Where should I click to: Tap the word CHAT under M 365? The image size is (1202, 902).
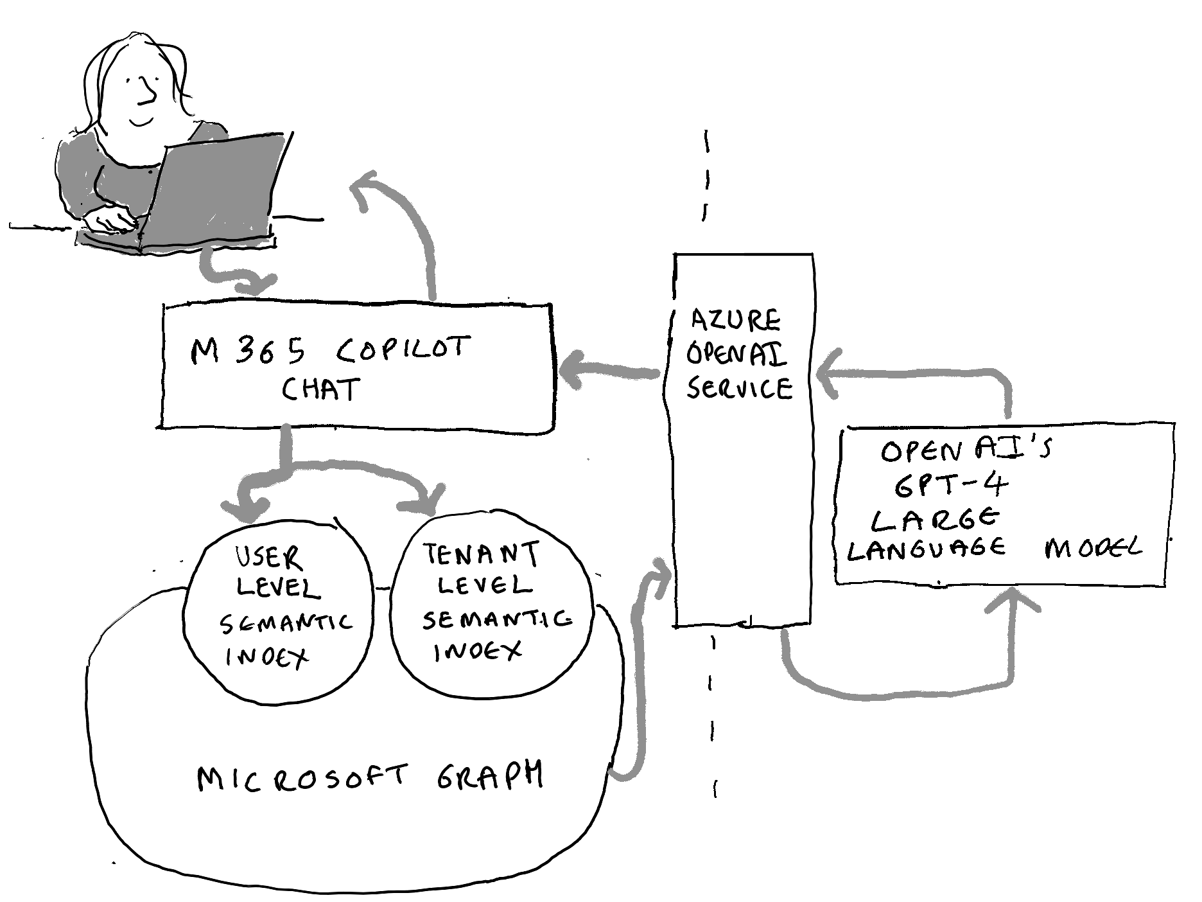click(321, 389)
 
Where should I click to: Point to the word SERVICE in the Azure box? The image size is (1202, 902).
click(740, 388)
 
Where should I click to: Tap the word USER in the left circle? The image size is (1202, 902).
click(269, 557)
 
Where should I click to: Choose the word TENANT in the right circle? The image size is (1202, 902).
click(481, 554)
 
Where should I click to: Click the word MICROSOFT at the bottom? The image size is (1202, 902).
click(302, 777)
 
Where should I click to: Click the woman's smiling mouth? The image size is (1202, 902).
click(141, 121)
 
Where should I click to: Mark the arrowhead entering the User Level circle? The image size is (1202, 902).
click(247, 508)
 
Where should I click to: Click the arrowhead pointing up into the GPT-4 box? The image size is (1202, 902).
click(1016, 601)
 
